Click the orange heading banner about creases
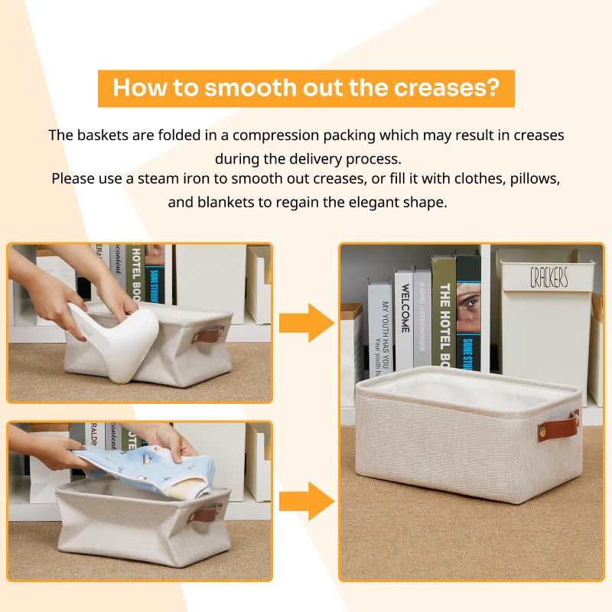(x=306, y=88)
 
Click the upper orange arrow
(x=305, y=323)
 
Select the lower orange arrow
(x=305, y=501)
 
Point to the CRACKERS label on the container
(x=549, y=278)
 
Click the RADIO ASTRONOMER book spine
(x=422, y=317)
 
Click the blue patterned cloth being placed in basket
(x=145, y=467)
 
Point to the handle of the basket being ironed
(x=208, y=334)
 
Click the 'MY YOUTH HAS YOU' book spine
(x=380, y=325)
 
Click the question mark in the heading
(x=493, y=88)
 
